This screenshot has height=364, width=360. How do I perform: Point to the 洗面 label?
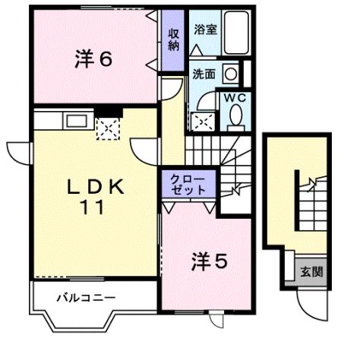pos(203,74)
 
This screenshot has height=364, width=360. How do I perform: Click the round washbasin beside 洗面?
pos(229,74)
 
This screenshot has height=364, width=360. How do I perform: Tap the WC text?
pos(233,97)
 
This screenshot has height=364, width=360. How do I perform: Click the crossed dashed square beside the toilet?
pos(201,121)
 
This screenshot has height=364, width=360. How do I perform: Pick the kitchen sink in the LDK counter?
pos(76,119)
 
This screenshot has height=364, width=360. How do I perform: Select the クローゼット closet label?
pos(188,183)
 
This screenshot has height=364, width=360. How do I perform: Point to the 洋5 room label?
pos(208,261)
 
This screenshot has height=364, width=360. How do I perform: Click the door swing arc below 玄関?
pos(311,305)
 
